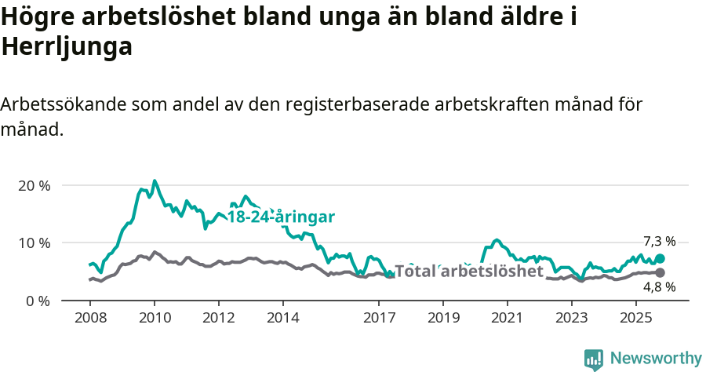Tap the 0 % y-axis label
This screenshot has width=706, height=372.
[38, 301]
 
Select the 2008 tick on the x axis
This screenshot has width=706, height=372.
[89, 318]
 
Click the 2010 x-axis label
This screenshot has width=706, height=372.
[154, 318]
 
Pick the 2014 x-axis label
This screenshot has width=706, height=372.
[282, 318]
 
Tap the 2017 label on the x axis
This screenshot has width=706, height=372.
[379, 318]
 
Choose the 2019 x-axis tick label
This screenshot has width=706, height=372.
[443, 318]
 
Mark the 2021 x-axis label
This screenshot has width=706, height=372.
[508, 318]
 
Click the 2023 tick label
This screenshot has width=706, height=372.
[572, 318]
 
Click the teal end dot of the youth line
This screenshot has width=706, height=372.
[661, 258]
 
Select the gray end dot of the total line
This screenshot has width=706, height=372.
[661, 272]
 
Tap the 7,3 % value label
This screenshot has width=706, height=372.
[660, 242]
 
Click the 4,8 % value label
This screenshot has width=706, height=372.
[660, 287]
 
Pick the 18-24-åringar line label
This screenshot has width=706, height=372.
[281, 217]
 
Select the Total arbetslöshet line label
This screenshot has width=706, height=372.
[469, 272]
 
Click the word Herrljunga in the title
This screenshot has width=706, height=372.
[67, 47]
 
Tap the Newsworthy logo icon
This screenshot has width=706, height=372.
[594, 359]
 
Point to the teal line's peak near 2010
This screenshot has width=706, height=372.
[154, 181]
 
